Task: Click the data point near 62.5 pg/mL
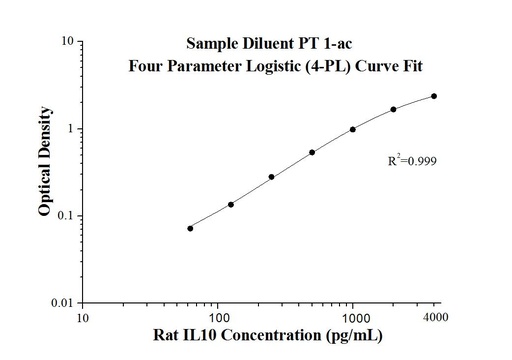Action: (x=190, y=228)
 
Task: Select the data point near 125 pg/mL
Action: (x=231, y=204)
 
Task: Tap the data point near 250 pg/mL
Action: (x=271, y=177)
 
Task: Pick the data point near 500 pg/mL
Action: (x=312, y=152)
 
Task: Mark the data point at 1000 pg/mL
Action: (x=353, y=129)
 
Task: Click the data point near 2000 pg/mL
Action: (x=393, y=109)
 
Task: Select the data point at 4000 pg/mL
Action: (x=434, y=96)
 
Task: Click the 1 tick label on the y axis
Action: (x=67, y=129)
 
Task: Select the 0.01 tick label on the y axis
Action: (x=60, y=303)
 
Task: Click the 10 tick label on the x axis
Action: (x=83, y=319)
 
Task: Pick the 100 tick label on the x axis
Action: (x=218, y=319)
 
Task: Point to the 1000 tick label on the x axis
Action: (x=353, y=319)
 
